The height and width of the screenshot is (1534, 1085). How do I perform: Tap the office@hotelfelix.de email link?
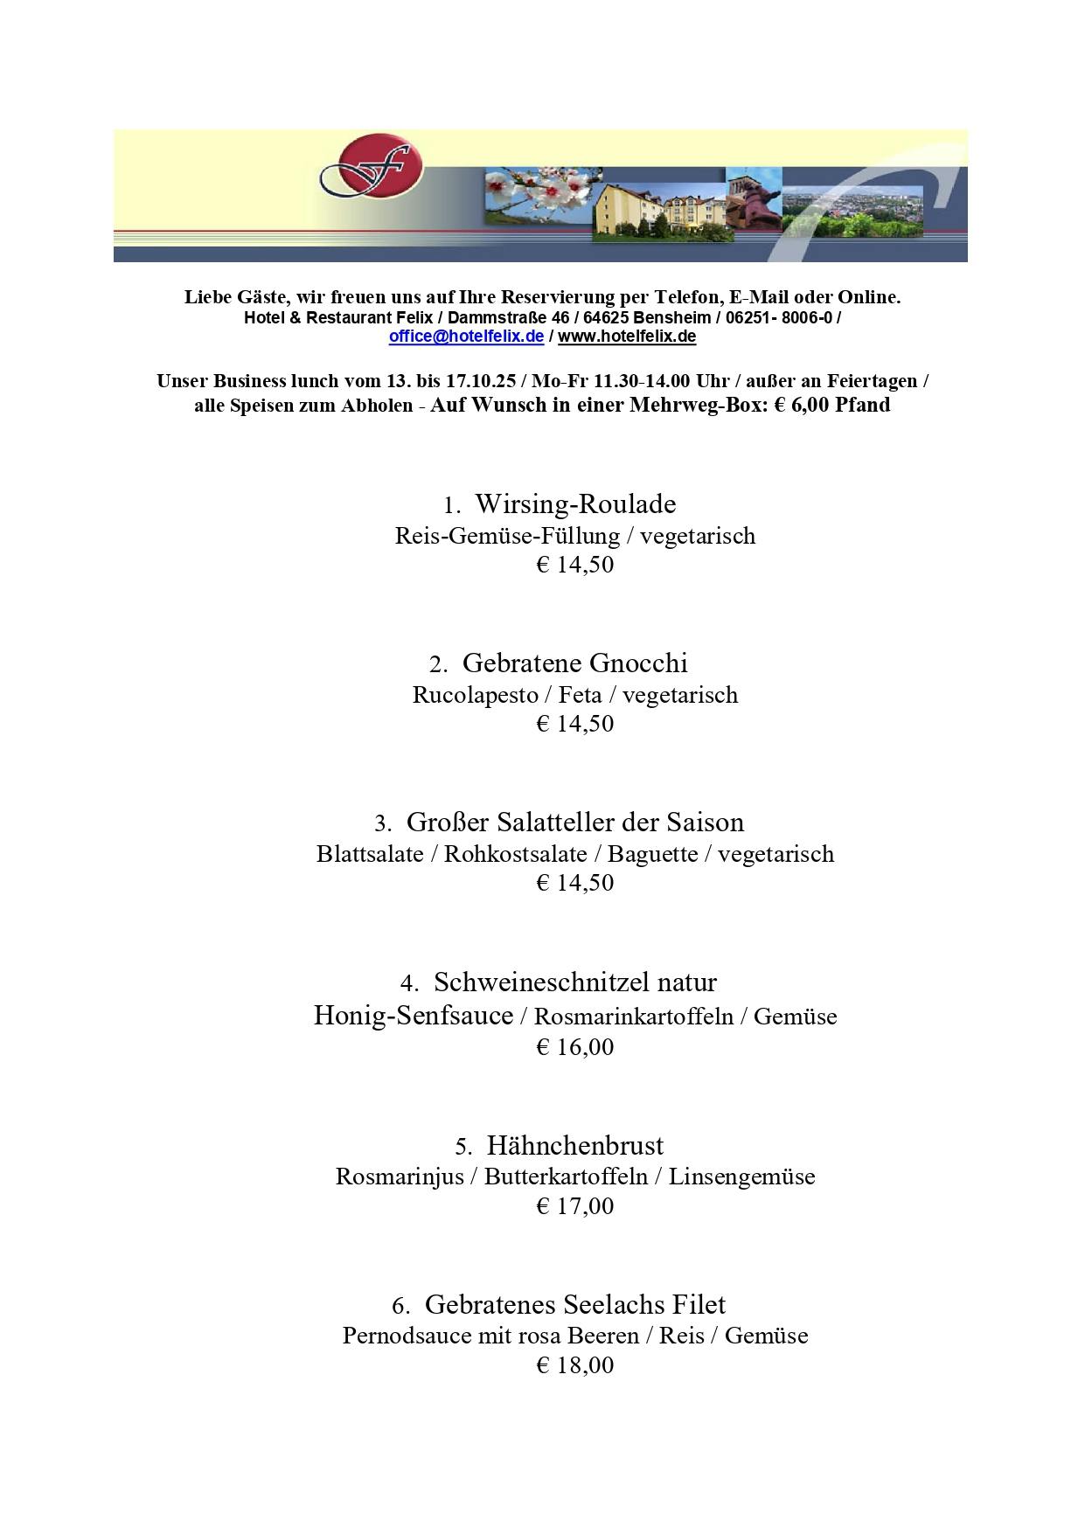(x=466, y=337)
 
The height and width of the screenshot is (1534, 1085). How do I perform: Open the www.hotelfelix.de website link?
(x=627, y=337)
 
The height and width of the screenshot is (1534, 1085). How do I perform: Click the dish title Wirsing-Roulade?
(x=575, y=504)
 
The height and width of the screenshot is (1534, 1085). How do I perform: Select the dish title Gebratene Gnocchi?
(x=574, y=663)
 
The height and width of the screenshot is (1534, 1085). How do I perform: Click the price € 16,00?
(x=574, y=1046)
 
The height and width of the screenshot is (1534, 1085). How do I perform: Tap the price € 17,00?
(x=574, y=1205)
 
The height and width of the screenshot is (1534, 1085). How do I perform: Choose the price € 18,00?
(x=574, y=1364)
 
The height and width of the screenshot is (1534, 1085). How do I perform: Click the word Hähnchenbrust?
(x=574, y=1145)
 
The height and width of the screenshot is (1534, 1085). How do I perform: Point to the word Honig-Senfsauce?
(x=413, y=1016)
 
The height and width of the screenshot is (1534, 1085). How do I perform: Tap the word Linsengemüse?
(x=741, y=1177)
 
